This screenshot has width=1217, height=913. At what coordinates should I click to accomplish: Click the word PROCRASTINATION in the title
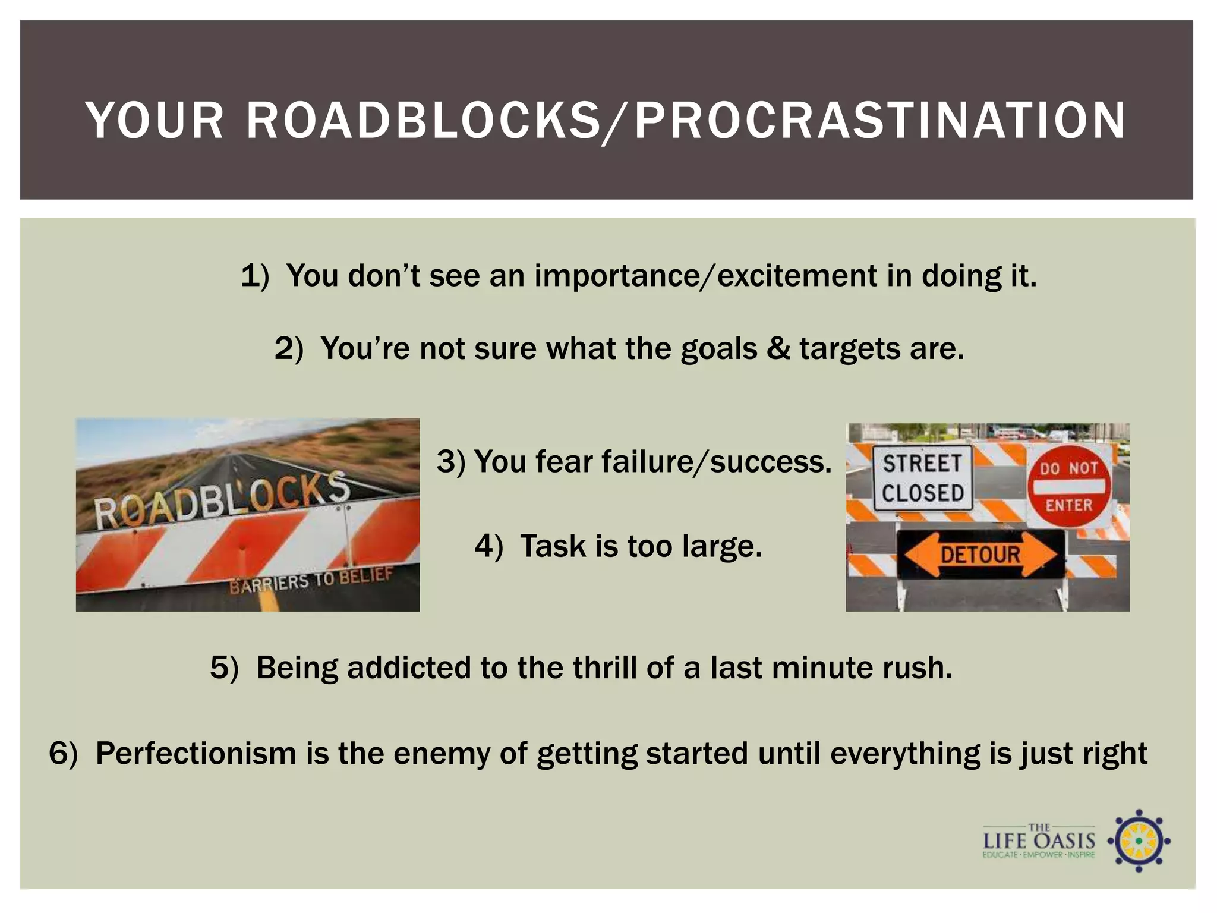click(879, 121)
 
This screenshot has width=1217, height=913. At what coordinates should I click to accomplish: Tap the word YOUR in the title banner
click(155, 121)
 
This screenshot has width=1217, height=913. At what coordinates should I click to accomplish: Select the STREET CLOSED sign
click(922, 478)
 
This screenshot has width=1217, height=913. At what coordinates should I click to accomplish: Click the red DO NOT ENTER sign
click(1068, 486)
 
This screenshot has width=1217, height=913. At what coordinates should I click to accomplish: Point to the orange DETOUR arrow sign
click(980, 555)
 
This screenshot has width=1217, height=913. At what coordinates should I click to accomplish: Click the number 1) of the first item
click(254, 276)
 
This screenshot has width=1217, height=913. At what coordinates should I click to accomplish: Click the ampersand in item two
click(778, 348)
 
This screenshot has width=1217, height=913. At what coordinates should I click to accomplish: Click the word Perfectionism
click(196, 753)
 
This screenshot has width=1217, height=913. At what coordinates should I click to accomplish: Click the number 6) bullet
click(63, 753)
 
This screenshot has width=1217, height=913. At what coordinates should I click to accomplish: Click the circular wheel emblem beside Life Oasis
click(1138, 840)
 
